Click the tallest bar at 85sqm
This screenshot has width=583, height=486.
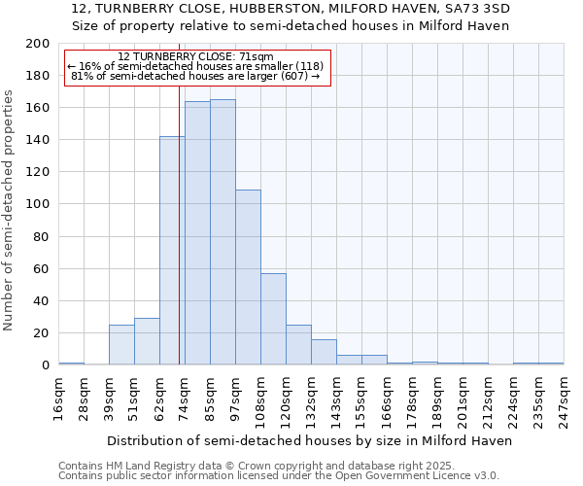[223, 232]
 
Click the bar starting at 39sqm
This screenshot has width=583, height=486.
[121, 345]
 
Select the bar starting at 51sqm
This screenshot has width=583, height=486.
[147, 341]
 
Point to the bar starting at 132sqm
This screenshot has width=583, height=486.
[324, 352]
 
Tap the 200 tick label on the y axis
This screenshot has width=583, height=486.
[38, 44]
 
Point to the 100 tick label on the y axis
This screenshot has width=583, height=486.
[38, 204]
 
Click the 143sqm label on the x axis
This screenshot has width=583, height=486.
[336, 399]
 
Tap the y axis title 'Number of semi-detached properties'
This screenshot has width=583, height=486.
[10, 210]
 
